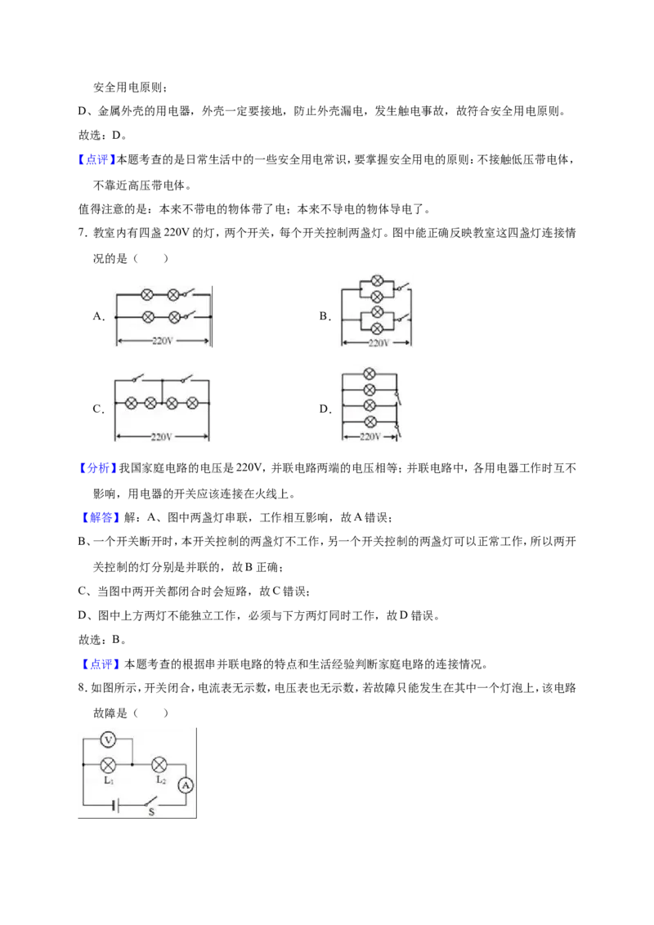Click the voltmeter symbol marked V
click(108, 739)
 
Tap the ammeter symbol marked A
click(186, 785)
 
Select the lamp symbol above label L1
click(108, 765)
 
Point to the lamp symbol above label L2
click(159, 765)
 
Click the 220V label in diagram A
click(163, 341)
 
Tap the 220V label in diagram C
click(161, 437)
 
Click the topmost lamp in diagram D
click(370, 373)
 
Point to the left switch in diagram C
click(137, 378)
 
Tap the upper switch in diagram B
click(401, 288)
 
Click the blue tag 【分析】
click(96, 467)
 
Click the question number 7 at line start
click(83, 232)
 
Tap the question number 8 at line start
click(83, 688)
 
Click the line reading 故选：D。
click(102, 135)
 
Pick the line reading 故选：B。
click(102, 640)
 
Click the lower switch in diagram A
click(188, 315)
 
